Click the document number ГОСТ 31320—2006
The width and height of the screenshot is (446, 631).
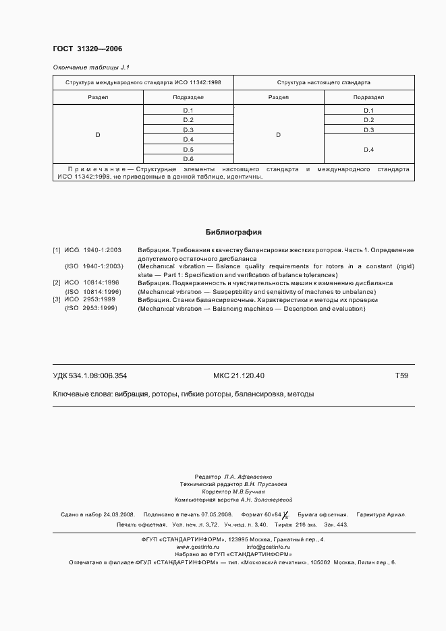[87, 49]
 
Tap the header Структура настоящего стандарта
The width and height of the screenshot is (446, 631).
[323, 83]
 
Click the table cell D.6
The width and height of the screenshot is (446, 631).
[188, 158]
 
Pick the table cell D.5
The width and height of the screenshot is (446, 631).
[188, 149]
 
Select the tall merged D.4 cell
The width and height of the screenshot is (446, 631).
[369, 149]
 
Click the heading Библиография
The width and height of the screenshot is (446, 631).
[233, 232]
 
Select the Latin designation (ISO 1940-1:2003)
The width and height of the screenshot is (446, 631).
[94, 266]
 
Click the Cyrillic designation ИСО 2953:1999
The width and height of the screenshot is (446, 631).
[91, 300]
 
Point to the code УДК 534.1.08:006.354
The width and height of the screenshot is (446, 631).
[90, 375]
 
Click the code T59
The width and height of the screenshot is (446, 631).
[401, 375]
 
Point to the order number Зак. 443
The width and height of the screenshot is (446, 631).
[335, 524]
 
